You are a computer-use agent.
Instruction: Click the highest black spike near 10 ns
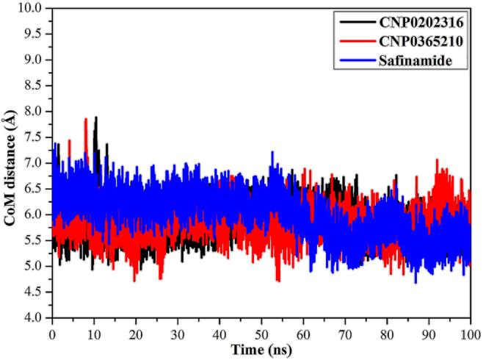(x=95, y=118)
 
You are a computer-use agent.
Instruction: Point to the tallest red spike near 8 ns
(x=86, y=119)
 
